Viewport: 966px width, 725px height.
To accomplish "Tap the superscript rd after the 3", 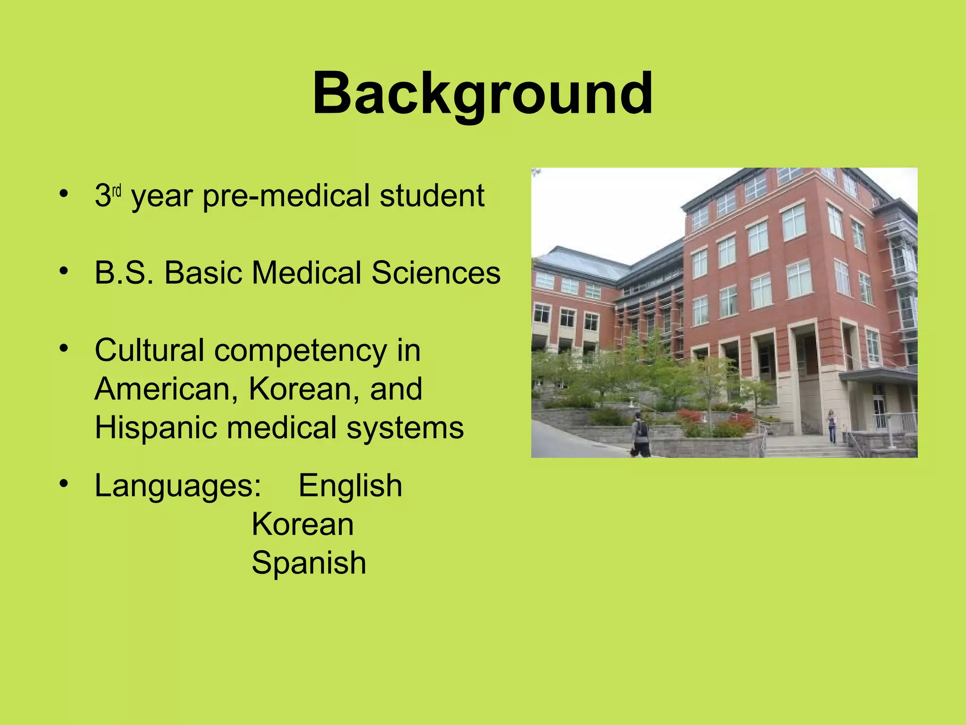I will point(117,192).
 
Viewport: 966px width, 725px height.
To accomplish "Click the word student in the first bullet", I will point(432,196).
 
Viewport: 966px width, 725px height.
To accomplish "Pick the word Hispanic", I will point(156,428).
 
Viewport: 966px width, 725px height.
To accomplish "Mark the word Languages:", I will point(178,487).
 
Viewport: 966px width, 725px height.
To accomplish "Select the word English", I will point(350,486).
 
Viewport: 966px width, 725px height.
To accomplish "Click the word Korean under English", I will point(302,524).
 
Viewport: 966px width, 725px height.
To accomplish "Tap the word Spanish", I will point(309,564).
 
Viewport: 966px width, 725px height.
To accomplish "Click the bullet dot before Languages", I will point(65,483).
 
